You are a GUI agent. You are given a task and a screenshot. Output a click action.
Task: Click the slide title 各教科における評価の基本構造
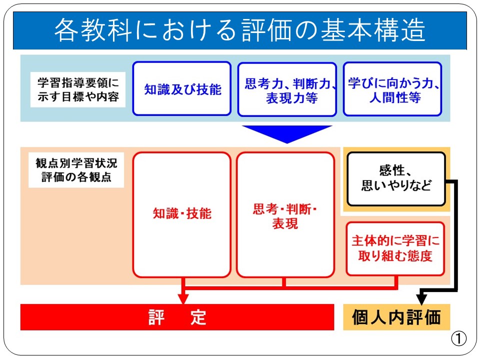pos(240,30)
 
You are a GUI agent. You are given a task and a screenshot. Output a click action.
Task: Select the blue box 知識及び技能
pos(182,89)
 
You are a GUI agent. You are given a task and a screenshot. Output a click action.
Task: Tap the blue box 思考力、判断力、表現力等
pos(287,89)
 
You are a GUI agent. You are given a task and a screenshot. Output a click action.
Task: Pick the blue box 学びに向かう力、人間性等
pos(392,89)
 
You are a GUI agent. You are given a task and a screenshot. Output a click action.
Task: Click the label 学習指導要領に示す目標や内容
pos(78,89)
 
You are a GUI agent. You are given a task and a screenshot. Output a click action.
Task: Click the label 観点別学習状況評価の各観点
pos(76,170)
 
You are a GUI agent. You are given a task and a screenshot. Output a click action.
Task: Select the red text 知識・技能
pos(182,213)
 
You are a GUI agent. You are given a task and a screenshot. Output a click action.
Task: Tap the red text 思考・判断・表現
pos(285,216)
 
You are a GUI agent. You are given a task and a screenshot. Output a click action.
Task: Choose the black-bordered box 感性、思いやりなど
pos(396,179)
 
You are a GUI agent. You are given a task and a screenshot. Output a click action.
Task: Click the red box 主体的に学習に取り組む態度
pos(395,249)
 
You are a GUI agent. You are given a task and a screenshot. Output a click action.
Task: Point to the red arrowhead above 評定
pos(183,299)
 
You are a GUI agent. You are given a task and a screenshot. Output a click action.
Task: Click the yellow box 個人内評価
pos(396,317)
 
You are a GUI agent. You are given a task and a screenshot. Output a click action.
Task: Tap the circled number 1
pos(458,338)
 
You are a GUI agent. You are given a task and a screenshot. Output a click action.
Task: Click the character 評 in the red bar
pos(156,317)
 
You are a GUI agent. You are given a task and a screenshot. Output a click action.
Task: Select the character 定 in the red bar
pos(198,317)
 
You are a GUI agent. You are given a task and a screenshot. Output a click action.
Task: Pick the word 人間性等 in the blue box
pos(395,97)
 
